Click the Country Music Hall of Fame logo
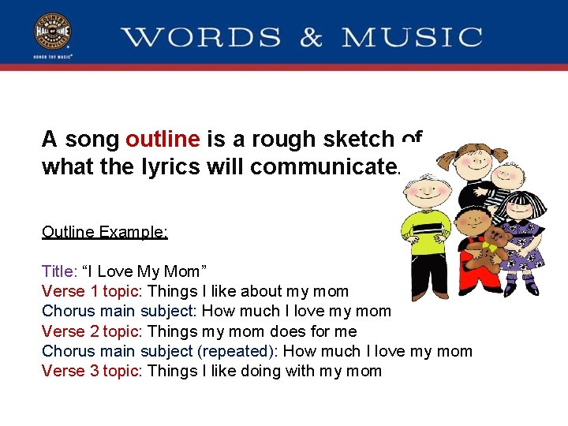click(51, 35)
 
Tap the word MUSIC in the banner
click(412, 37)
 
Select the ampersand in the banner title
click(311, 37)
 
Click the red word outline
click(163, 140)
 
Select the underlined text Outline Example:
click(105, 232)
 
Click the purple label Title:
click(59, 272)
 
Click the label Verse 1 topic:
click(92, 292)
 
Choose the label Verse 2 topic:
click(92, 331)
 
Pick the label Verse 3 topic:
click(92, 371)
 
